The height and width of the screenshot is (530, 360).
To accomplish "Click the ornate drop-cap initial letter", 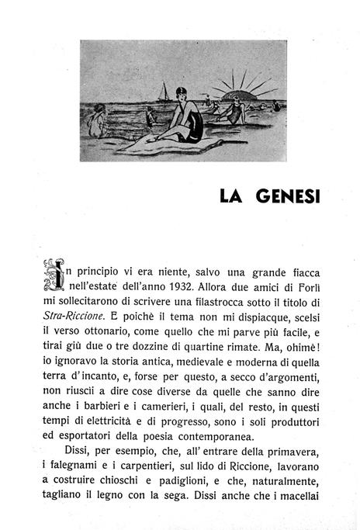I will (51, 276).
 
